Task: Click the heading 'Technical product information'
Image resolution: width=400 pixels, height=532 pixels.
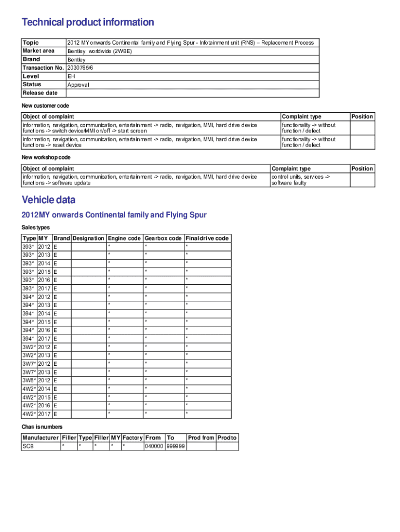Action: pyautogui.click(x=88, y=22)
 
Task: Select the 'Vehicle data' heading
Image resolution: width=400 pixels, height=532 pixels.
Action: pyautogui.click(x=48, y=200)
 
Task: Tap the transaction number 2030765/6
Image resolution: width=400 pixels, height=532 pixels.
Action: pyautogui.click(x=81, y=68)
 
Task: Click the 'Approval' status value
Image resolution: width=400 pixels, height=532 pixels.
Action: pyautogui.click(x=78, y=85)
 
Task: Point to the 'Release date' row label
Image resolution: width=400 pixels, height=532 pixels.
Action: pyautogui.click(x=40, y=93)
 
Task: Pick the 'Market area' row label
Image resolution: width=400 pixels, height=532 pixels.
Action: pyautogui.click(x=38, y=51)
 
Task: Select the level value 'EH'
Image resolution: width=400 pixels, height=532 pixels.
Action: pyautogui.click(x=71, y=76)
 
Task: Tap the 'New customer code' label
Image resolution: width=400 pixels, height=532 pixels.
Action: pyautogui.click(x=45, y=106)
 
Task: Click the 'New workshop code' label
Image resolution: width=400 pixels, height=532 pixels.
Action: pyautogui.click(x=46, y=157)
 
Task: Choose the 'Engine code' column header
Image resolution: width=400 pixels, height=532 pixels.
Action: pyautogui.click(x=124, y=238)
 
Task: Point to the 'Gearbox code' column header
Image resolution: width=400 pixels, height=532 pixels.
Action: pyautogui.click(x=163, y=238)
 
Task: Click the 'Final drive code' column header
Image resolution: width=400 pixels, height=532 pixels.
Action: pyautogui.click(x=207, y=238)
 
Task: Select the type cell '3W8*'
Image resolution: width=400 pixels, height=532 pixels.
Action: pyautogui.click(x=29, y=380)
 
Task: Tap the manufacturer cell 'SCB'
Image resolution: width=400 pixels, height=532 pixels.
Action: pyautogui.click(x=28, y=446)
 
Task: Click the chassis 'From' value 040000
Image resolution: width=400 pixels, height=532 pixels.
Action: pyautogui.click(x=154, y=446)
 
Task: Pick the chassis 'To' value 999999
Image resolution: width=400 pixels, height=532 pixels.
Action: pyautogui.click(x=176, y=446)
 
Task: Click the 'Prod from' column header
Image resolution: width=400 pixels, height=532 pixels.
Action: pyautogui.click(x=201, y=438)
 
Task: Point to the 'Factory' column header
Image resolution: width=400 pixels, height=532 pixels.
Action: pyautogui.click(x=132, y=438)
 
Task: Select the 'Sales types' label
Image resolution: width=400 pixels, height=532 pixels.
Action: pyautogui.click(x=36, y=228)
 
